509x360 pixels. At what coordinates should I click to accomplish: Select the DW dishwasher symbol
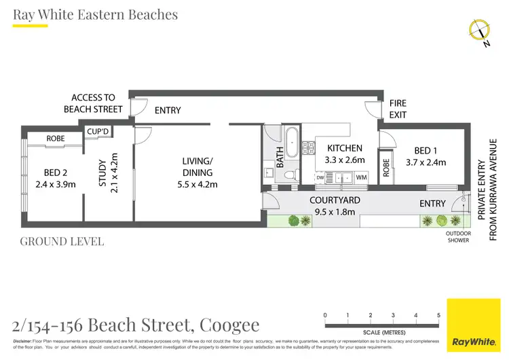point(320,177)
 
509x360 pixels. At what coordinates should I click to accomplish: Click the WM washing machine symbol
point(361,177)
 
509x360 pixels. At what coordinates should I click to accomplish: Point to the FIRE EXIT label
point(398,109)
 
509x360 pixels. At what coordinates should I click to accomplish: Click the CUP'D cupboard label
point(98,130)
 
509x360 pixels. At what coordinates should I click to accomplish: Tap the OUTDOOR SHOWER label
point(458,237)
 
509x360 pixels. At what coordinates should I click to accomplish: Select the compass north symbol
point(480,31)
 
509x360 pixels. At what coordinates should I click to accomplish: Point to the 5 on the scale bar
point(438,315)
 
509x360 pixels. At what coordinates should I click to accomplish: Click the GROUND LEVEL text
point(62,241)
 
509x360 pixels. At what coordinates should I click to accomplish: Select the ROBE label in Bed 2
point(56,139)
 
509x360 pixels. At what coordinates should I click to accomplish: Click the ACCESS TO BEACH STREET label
point(93,103)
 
